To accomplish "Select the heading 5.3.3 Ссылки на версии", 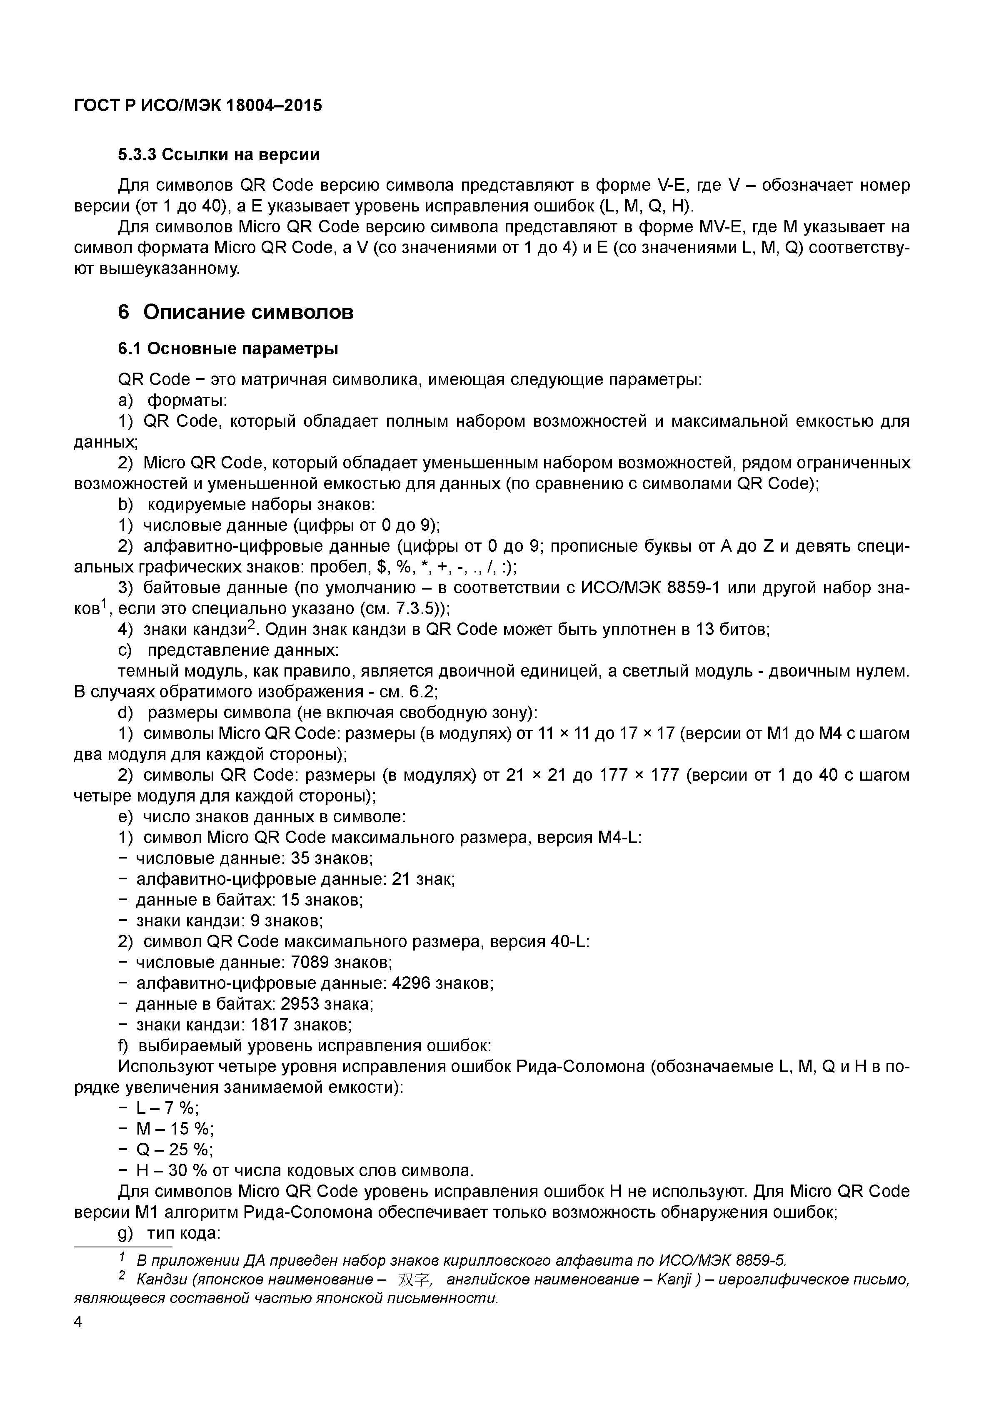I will (x=219, y=155).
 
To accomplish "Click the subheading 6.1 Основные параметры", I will (x=228, y=349).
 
